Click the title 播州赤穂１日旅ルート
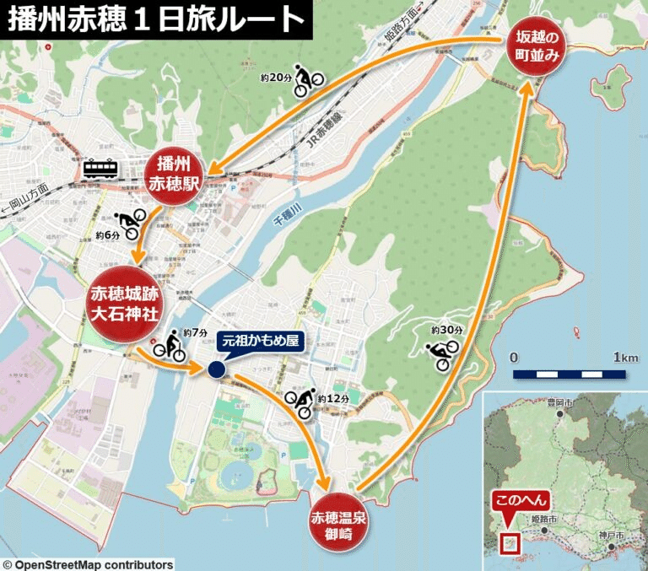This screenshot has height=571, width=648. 156,19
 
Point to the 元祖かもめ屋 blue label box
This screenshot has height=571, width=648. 260,342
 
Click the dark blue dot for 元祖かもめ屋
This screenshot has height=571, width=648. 216,369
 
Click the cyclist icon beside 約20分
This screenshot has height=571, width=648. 309,77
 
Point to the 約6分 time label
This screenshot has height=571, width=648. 108,234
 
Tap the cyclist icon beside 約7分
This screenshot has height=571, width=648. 170,346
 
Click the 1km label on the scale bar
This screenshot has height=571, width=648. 625,357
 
